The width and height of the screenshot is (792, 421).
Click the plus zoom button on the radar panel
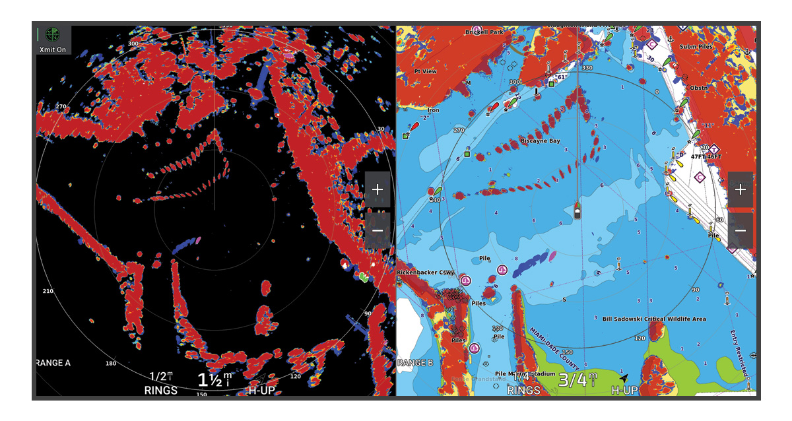(378, 190)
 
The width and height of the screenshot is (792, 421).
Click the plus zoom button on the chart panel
(741, 190)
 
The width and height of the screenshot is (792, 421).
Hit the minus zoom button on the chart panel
(741, 230)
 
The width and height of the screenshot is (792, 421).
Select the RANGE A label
(53, 363)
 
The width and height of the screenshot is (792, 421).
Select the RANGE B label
(415, 363)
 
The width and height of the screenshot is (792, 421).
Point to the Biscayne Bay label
(540, 141)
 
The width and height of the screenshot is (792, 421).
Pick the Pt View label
(425, 71)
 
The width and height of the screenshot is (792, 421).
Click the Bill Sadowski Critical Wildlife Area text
(653, 319)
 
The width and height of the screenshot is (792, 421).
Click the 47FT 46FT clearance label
(706, 157)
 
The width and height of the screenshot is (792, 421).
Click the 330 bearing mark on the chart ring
(586, 68)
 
